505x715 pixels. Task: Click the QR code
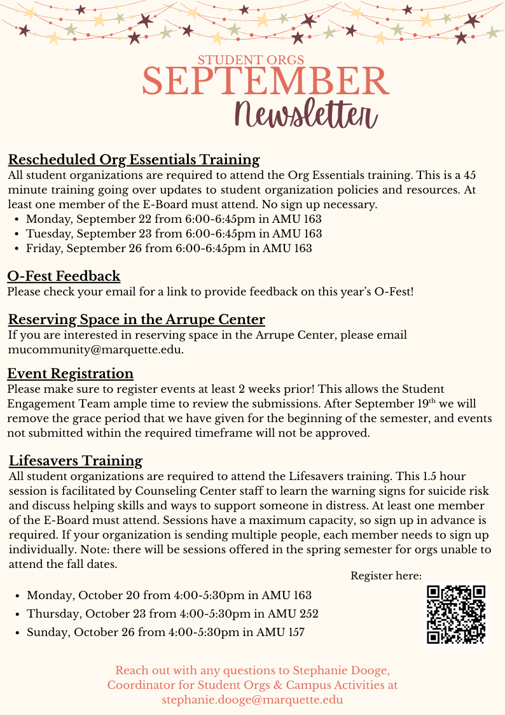pyautogui.click(x=456, y=614)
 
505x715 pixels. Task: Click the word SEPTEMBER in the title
pyautogui.click(x=265, y=81)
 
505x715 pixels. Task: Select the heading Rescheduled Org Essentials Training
pyautogui.click(x=134, y=159)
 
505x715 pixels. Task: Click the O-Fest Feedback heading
pyautogui.click(x=64, y=276)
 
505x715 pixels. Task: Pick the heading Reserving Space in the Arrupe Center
pyautogui.click(x=137, y=319)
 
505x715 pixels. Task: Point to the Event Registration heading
pyautogui.click(x=71, y=373)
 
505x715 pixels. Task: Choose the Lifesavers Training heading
pyautogui.click(x=76, y=460)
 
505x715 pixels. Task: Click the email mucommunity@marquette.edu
pyautogui.click(x=96, y=350)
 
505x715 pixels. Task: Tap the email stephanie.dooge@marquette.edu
pyautogui.click(x=253, y=699)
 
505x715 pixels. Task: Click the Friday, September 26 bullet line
pyautogui.click(x=169, y=248)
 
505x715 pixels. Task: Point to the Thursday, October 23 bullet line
pyautogui.click(x=172, y=614)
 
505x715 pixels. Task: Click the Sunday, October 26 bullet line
pyautogui.click(x=165, y=632)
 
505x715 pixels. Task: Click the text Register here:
pyautogui.click(x=386, y=576)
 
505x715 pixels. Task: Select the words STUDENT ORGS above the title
pyautogui.click(x=251, y=60)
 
